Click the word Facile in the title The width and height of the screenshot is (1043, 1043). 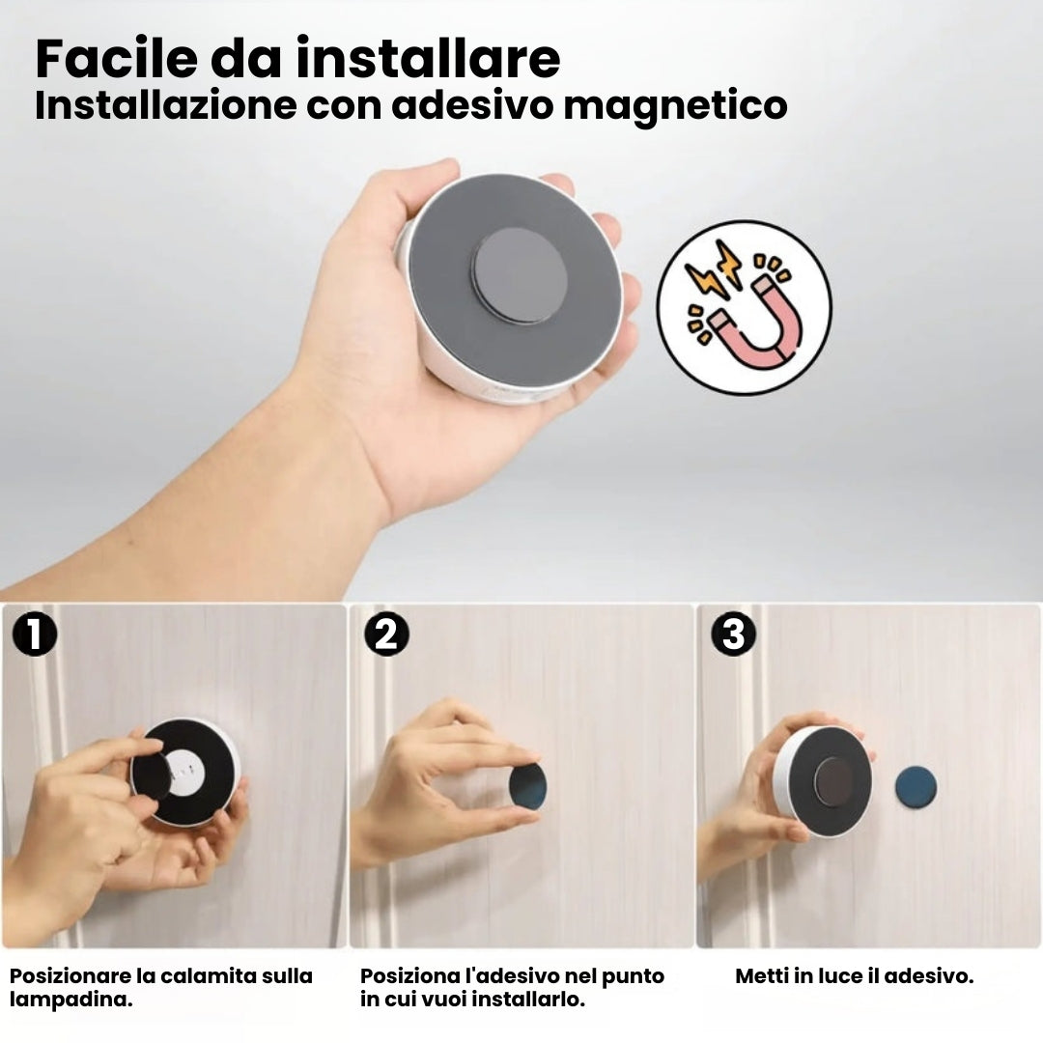click(x=117, y=59)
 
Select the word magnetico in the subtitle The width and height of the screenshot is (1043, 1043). click(x=676, y=106)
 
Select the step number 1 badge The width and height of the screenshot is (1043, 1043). click(x=35, y=634)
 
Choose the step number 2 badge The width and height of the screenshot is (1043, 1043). click(x=386, y=634)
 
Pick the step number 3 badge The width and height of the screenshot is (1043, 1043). click(x=733, y=634)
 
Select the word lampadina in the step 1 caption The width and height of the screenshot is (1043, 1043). click(x=70, y=1000)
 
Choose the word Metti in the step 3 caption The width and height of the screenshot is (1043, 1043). click(x=760, y=975)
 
